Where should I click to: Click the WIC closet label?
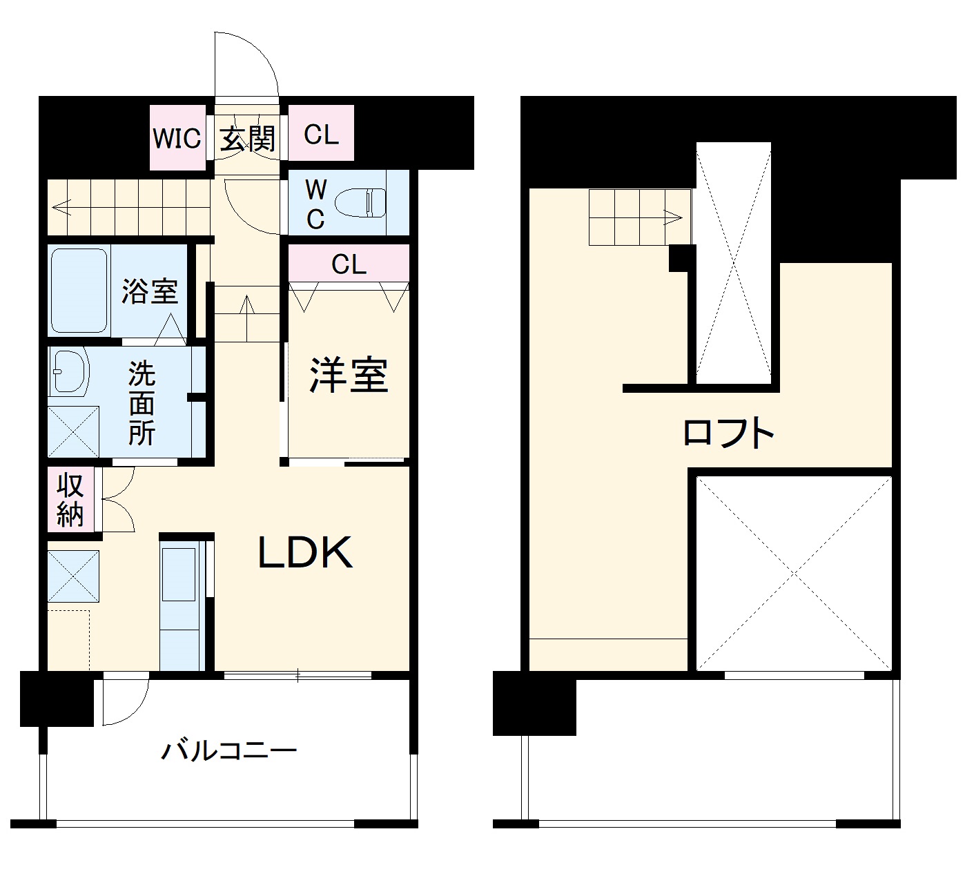[x=177, y=137]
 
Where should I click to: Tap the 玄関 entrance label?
[x=248, y=137]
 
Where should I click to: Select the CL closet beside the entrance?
[x=321, y=134]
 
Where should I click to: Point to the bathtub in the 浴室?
[x=79, y=290]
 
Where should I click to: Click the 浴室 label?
[x=150, y=291]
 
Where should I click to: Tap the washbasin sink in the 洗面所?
[x=69, y=373]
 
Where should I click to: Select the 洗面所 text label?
[x=142, y=403]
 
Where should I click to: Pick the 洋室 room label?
[x=349, y=375]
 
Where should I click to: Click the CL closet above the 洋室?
[x=349, y=264]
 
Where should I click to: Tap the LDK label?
[x=306, y=552]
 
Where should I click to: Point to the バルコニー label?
[x=228, y=750]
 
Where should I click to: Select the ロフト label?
[x=728, y=433]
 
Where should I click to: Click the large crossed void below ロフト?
[x=793, y=572]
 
